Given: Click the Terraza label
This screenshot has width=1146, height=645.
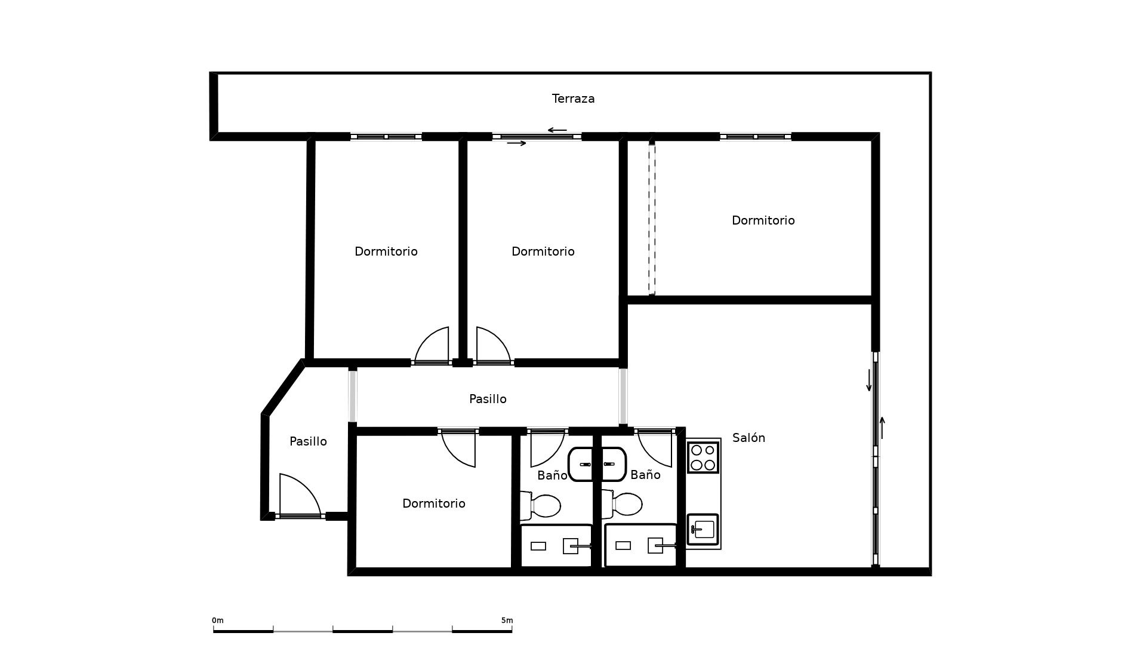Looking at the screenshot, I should coord(573,99).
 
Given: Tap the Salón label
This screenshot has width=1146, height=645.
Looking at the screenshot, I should coord(748,438).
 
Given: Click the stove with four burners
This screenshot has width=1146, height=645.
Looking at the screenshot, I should coord(703,457).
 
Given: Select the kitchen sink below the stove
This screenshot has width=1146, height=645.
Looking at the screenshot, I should coord(703,529).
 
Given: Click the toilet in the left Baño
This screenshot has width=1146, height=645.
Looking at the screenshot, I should coord(542,505).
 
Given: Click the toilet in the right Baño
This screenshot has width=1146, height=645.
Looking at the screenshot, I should coord(623,504).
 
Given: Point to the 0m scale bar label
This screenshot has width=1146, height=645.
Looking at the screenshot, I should coord(218,621).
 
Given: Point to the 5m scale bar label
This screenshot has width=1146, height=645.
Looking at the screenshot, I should coord(507,621).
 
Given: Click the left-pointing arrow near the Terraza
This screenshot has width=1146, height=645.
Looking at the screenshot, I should coord(557,130).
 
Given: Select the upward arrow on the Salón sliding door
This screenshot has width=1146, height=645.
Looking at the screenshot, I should coord(882,428).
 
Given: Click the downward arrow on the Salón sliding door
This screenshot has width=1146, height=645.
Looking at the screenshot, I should coord(869,380).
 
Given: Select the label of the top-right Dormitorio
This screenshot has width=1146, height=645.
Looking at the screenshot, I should coord(763,220).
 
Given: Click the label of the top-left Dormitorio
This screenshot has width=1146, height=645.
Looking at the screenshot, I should coord(386,251).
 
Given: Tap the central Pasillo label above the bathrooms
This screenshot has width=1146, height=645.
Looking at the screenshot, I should coord(488,399).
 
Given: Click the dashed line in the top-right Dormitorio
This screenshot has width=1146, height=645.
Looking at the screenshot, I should coord(652,219).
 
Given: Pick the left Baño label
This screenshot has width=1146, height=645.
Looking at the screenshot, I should coord(552,475).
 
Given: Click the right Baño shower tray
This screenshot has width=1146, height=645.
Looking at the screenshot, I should coord(640,545).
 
